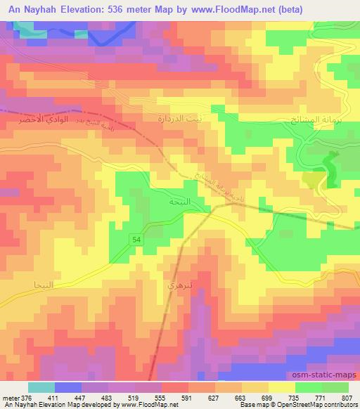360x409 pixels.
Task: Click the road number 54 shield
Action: coord(136,240)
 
